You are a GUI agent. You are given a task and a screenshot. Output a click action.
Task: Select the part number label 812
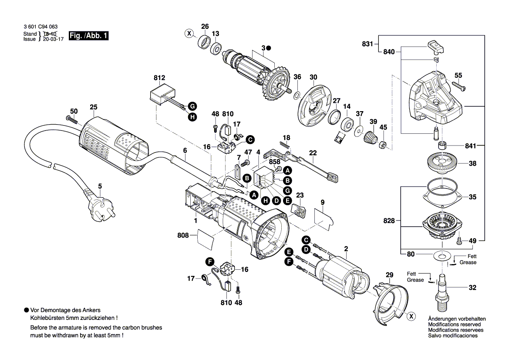coord(159,78)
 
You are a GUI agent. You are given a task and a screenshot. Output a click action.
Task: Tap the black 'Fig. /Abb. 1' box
coord(88,36)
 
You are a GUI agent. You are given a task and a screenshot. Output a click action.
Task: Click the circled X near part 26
coord(189,33)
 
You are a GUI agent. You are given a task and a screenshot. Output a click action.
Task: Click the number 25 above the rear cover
coord(94,107)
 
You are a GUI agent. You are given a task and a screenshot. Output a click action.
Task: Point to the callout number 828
coord(389,221)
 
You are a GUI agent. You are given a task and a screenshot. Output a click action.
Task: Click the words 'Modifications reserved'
coord(454,325)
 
